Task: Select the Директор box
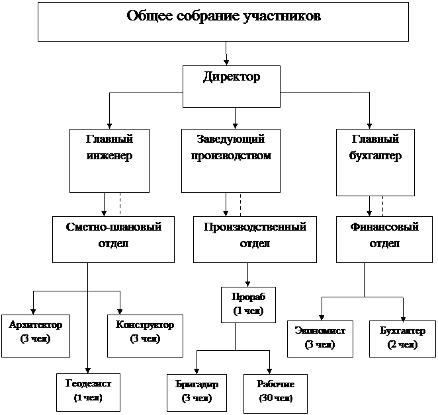tap(231, 86)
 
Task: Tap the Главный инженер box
tap(109, 160)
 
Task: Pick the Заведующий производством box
tap(231, 160)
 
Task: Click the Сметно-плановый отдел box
tap(114, 239)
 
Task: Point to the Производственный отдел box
tap(254, 239)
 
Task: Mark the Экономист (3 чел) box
tap(320, 338)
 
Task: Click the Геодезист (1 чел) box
tap(88, 391)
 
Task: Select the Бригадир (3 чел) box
tap(197, 391)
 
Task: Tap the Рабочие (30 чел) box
tap(275, 391)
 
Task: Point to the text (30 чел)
tap(275, 398)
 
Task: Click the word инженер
tap(109, 157)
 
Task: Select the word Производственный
tap(255, 227)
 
